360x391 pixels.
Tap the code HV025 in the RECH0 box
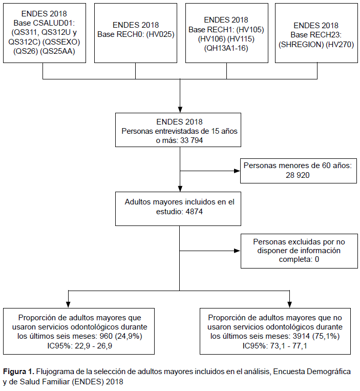click(160, 34)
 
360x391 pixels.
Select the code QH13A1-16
click(226, 48)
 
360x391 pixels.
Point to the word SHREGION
click(301, 45)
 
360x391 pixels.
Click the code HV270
click(340, 45)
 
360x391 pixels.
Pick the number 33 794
click(192, 140)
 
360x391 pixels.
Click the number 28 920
click(298, 175)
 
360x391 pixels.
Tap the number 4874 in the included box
click(194, 212)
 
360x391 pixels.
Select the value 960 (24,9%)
click(121, 336)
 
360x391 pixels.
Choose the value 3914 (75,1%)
click(316, 336)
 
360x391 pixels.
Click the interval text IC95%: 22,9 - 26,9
click(80, 346)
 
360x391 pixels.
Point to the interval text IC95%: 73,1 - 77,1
click(275, 346)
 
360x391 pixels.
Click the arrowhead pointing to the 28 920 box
click(237, 171)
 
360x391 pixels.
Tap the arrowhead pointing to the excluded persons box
click(238, 251)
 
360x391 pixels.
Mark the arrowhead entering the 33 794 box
click(180, 110)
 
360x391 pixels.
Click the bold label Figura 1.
click(18, 372)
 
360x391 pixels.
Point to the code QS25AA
click(57, 51)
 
